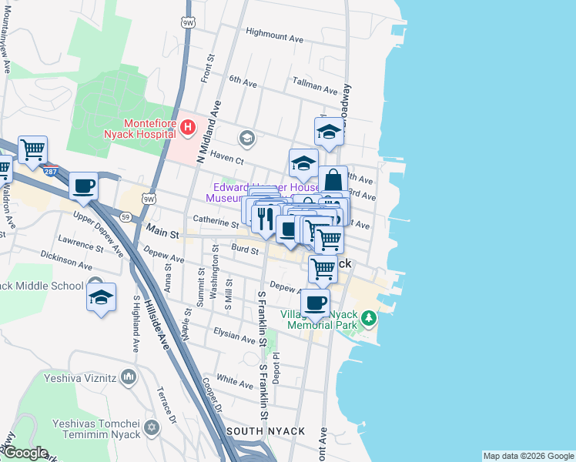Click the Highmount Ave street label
274,33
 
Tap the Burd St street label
244,248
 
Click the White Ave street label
234,380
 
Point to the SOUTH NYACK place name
265,431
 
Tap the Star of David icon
151,426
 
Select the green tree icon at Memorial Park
369,317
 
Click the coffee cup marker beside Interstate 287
83,186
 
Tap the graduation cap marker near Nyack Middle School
102,297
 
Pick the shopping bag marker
333,181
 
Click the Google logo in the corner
25,453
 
